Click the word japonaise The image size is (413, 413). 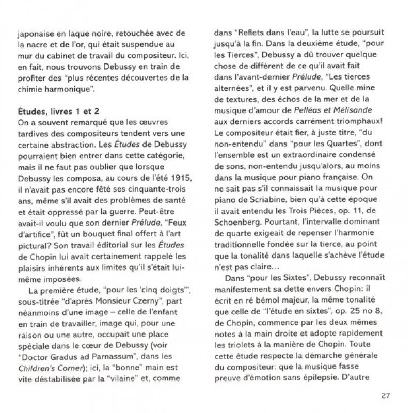(x=36, y=36)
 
